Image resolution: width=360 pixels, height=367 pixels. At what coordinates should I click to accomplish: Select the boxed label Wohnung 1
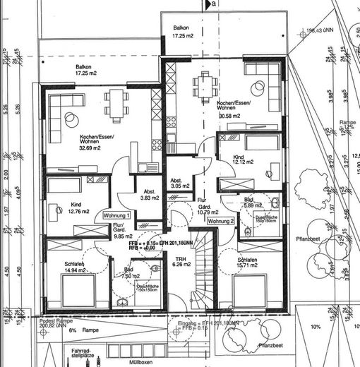(x=117, y=215)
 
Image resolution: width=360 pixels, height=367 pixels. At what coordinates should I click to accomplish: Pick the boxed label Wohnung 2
(x=221, y=221)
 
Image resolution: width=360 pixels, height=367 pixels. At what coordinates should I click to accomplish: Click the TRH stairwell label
(x=181, y=261)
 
